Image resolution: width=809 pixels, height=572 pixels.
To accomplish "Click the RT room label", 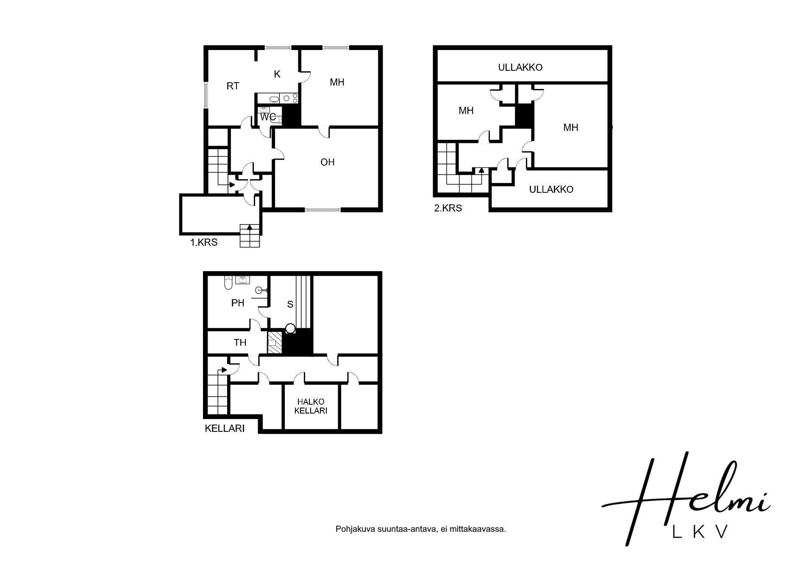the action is tap(233, 86).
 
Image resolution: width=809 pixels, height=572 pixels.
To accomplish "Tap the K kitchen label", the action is tap(277, 74).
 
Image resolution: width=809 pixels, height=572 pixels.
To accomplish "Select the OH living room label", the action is tap(328, 162).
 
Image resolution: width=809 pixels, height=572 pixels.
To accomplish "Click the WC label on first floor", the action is tap(268, 117).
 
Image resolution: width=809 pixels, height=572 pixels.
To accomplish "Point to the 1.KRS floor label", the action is tap(204, 242).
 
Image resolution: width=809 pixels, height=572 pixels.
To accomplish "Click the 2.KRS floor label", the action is tap(448, 208).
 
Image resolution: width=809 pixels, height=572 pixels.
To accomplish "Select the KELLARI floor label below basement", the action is tap(225, 428).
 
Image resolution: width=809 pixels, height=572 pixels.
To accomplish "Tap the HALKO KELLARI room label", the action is tap(311, 406).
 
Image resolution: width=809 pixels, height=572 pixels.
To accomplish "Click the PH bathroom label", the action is tap(238, 303).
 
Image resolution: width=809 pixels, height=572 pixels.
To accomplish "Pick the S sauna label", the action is tap(290, 304).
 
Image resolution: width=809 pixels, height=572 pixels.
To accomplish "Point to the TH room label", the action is tap(240, 342).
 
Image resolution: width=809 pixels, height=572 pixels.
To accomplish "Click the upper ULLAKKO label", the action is tap(520, 67).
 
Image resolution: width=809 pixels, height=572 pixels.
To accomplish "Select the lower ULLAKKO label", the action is tap(551, 189).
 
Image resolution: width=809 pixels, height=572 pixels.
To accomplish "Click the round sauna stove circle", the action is tap(290, 328).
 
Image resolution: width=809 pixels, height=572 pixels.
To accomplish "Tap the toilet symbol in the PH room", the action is tap(228, 283).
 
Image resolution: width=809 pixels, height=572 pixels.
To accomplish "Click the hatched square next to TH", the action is tap(275, 342).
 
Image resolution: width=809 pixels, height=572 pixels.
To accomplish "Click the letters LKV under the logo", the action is tap(701, 532).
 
